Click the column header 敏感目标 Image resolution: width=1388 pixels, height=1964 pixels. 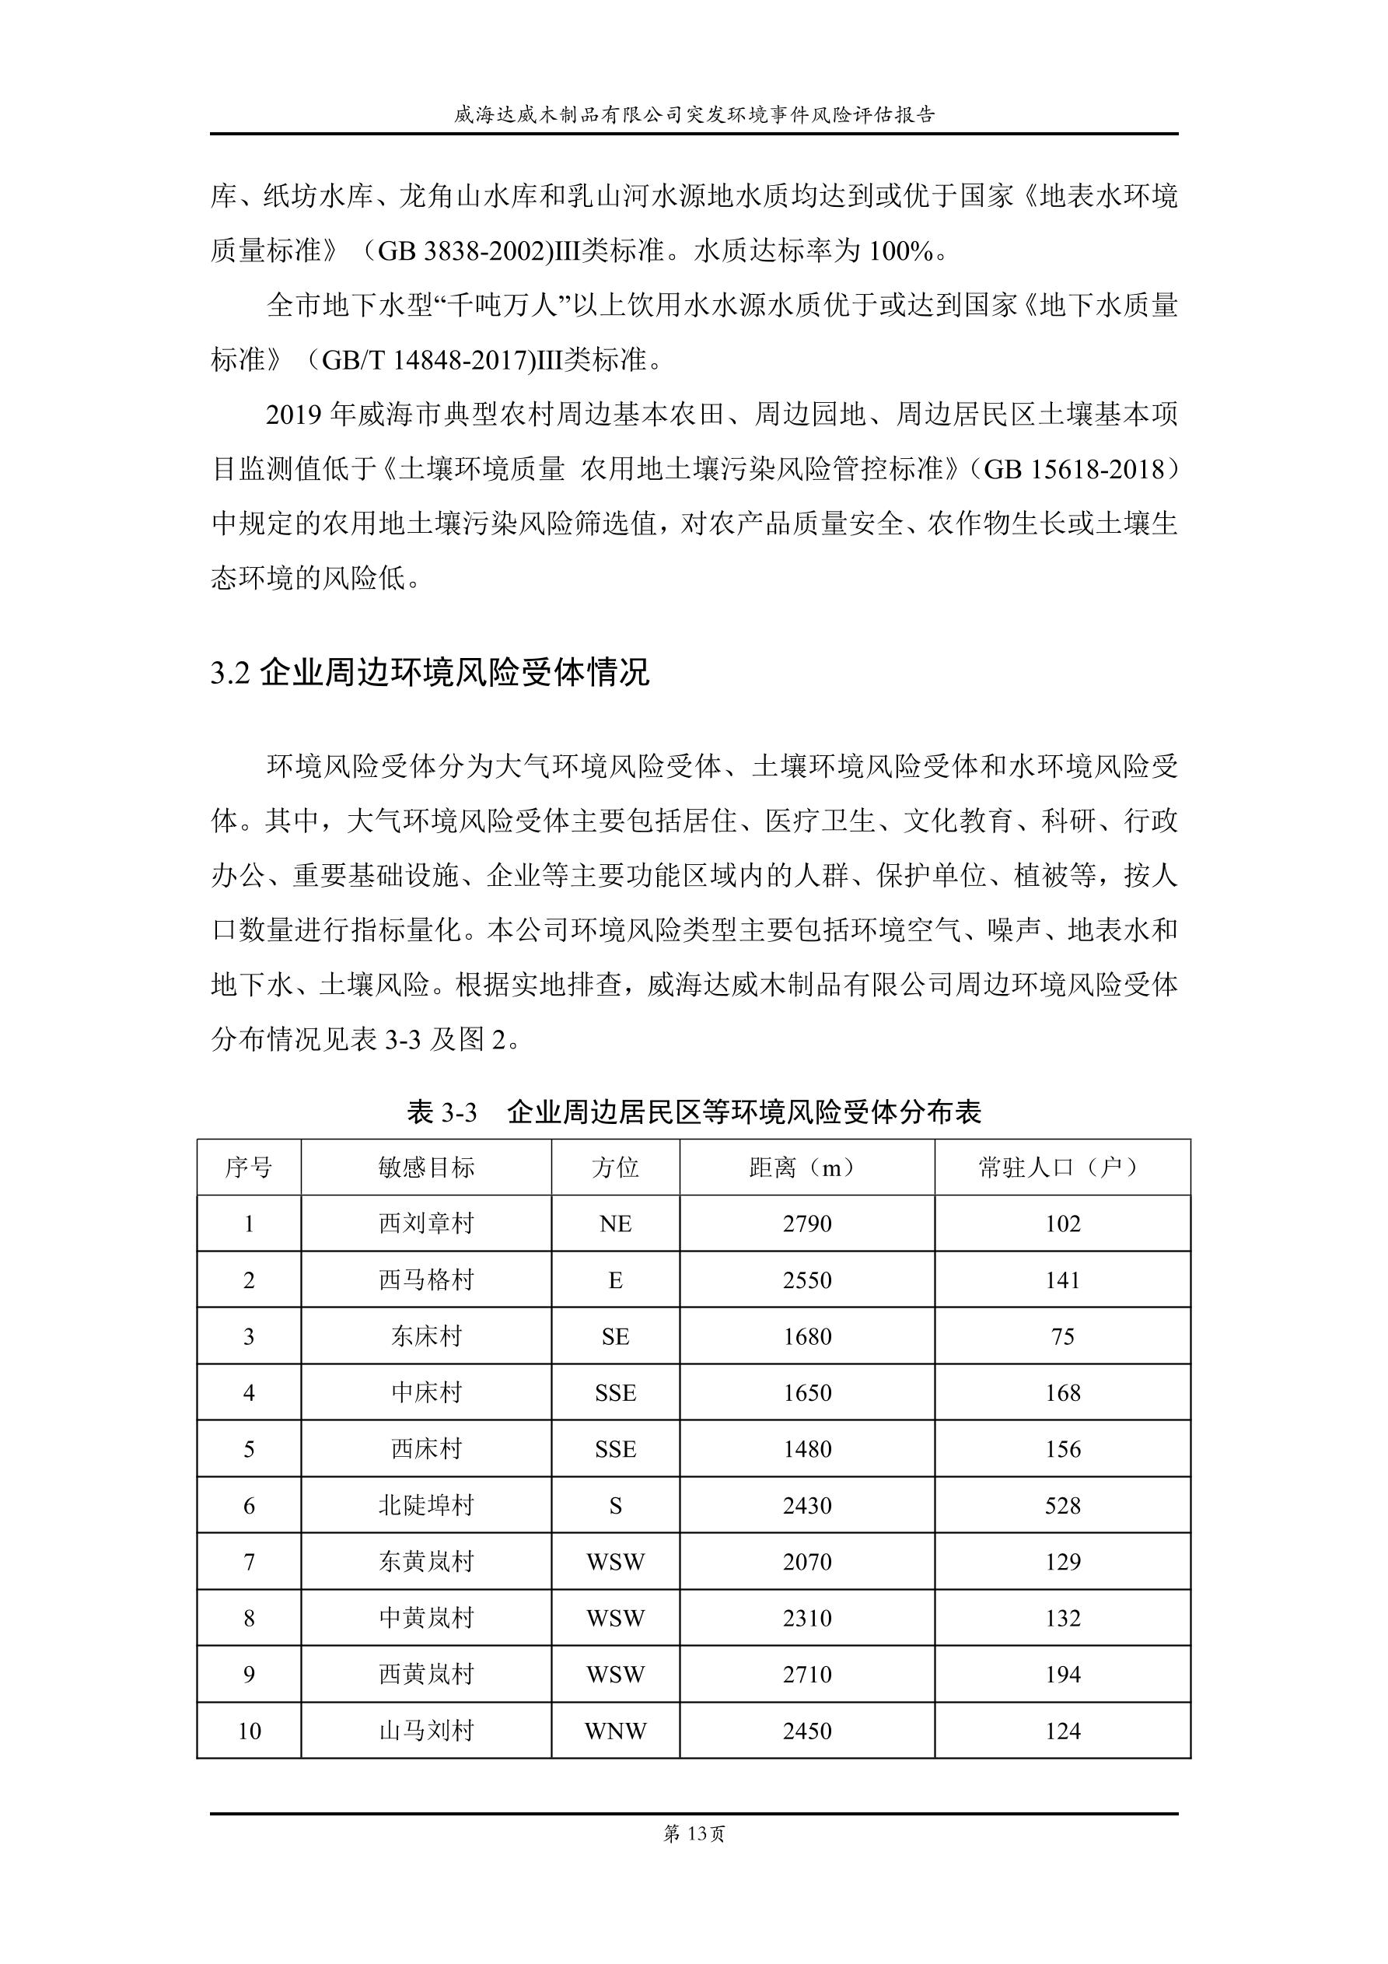(x=426, y=1168)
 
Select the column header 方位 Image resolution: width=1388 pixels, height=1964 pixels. (x=615, y=1168)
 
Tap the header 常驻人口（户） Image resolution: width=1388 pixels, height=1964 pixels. (x=1062, y=1168)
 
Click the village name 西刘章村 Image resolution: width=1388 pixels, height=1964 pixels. (x=426, y=1224)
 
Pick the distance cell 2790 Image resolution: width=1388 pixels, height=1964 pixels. (x=806, y=1224)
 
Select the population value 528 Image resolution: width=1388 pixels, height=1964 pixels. (x=1062, y=1506)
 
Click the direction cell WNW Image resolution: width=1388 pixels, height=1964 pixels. (x=615, y=1731)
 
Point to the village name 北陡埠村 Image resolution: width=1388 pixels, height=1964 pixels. (x=426, y=1506)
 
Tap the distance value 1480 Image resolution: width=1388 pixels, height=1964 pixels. (x=806, y=1449)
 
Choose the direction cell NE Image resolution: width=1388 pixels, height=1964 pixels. (x=615, y=1224)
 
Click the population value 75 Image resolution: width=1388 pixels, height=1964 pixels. (x=1062, y=1337)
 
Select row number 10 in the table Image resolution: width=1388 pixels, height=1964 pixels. (x=249, y=1731)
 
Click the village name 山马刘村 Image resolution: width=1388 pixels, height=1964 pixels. (x=426, y=1731)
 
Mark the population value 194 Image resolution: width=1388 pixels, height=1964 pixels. (x=1062, y=1675)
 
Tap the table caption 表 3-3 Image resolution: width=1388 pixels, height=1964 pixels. (x=442, y=1113)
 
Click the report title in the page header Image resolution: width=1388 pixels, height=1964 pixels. (x=694, y=114)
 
